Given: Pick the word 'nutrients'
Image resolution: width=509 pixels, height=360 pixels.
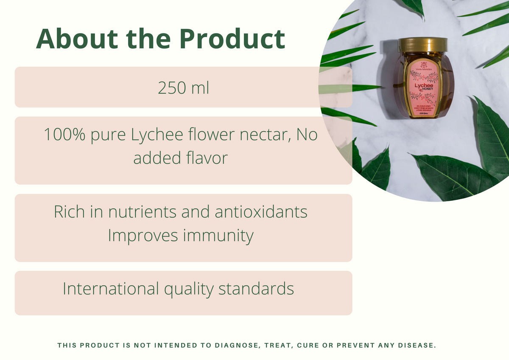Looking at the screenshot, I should pyautogui.click(x=143, y=212).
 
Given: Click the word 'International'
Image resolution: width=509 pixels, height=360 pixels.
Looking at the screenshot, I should pyautogui.click(x=111, y=289).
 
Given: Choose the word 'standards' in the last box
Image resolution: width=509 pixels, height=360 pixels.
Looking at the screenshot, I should pyautogui.click(x=256, y=289).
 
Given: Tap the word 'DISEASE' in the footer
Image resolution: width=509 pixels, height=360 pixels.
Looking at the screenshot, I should pyautogui.click(x=418, y=346).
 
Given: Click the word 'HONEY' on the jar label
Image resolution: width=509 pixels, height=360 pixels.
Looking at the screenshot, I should pyautogui.click(x=425, y=90).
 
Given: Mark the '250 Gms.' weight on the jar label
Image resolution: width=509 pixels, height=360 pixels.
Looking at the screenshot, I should pyautogui.click(x=422, y=114).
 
